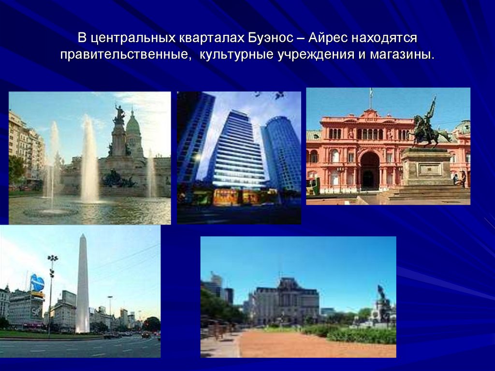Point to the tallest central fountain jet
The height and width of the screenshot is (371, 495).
coord(89,160)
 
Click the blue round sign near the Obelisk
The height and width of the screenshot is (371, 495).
coord(37,282)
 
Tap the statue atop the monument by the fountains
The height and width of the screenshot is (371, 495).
coord(119,115)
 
